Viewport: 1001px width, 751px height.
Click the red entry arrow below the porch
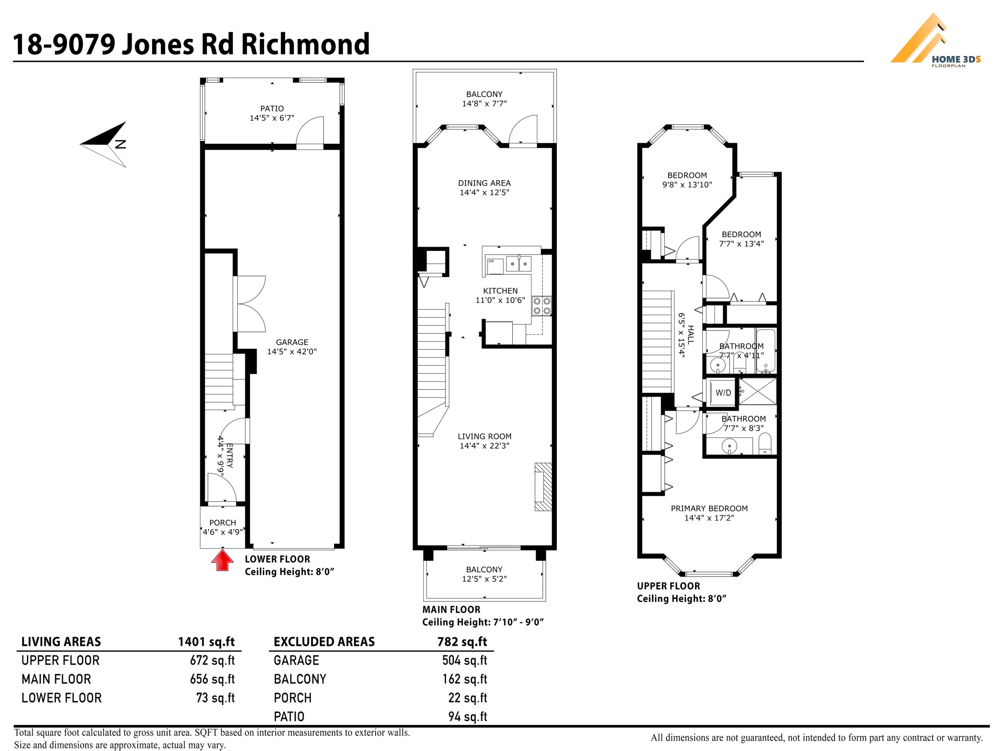pyautogui.click(x=222, y=560)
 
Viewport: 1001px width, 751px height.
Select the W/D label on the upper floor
pyautogui.click(x=723, y=393)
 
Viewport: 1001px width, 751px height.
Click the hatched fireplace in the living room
pyautogui.click(x=543, y=487)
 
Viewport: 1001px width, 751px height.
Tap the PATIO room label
pyautogui.click(x=272, y=108)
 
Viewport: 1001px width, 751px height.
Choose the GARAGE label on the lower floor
pyautogui.click(x=292, y=342)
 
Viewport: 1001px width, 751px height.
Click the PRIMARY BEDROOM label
pyautogui.click(x=709, y=508)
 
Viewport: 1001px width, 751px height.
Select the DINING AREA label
pyautogui.click(x=484, y=183)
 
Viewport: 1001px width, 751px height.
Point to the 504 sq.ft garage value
pyautogui.click(x=465, y=661)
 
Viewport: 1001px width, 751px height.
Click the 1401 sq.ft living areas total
pyautogui.click(x=206, y=642)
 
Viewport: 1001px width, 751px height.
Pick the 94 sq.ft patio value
pyautogui.click(x=468, y=717)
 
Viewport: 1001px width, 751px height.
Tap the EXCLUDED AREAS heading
pyautogui.click(x=324, y=642)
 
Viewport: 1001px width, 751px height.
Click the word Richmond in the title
pyautogui.click(x=305, y=44)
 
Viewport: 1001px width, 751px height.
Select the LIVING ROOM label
pyautogui.click(x=484, y=436)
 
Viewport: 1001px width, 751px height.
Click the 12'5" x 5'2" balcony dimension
pyautogui.click(x=484, y=578)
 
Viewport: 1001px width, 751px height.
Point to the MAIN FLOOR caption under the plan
pyautogui.click(x=451, y=609)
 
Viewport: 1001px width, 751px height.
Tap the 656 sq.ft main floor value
pyautogui.click(x=212, y=679)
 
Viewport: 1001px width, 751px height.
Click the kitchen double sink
pyautogui.click(x=518, y=263)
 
